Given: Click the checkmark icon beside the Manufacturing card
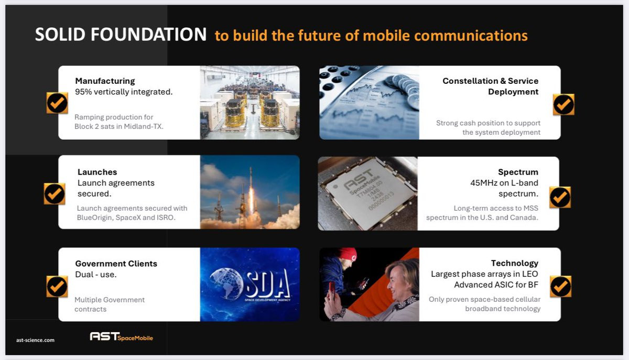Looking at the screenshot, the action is point(57,103).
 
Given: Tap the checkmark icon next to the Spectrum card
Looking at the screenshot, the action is point(560,197).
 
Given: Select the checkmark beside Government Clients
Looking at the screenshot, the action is point(57,287).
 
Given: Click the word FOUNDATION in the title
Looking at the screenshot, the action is point(148,35).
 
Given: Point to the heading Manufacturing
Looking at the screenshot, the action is point(105,81).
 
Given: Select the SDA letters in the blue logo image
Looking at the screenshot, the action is point(268,283).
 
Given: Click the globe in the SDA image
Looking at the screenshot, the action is point(226,283).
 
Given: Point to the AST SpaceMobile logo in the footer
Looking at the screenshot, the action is point(121,336).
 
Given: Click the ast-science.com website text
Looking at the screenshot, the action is point(36,340).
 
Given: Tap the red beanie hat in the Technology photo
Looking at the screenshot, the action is point(348,255).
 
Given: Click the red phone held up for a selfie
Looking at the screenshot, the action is point(332,291).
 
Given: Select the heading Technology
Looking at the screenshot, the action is point(514,263).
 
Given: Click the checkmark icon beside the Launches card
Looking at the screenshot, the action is point(55,194).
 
